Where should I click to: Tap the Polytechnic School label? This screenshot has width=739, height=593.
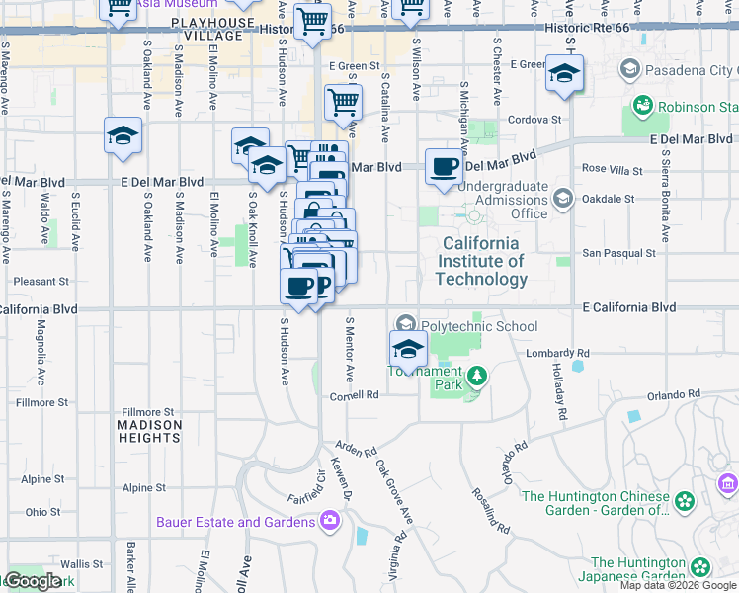tap(479, 326)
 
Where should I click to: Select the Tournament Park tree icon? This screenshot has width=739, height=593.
tap(478, 375)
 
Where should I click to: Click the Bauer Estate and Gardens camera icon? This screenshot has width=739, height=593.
tap(330, 520)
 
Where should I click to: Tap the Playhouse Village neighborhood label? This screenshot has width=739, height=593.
tap(206, 29)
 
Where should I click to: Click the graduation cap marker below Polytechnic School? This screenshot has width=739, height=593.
tap(408, 348)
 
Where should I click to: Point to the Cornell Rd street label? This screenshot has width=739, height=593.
tap(355, 395)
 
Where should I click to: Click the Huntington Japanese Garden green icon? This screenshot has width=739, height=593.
tap(700, 567)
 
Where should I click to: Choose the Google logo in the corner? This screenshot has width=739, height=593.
tap(35, 581)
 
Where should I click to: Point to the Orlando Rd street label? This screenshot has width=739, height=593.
tap(674, 395)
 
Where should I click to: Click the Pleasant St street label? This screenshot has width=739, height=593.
tap(41, 281)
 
